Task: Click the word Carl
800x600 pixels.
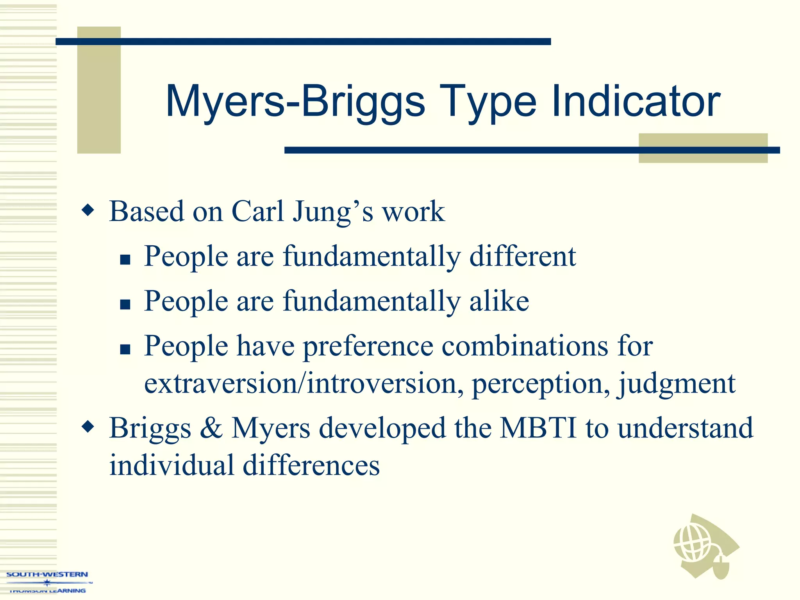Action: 258,211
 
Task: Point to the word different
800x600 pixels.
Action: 522,256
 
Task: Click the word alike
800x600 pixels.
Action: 499,301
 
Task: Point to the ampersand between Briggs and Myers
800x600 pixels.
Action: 211,428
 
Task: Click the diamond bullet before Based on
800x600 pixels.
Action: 88,211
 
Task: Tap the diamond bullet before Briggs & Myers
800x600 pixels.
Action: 88,427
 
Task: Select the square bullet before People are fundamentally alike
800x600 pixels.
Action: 125,304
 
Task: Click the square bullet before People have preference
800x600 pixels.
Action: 125,349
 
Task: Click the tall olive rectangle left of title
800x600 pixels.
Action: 99,90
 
